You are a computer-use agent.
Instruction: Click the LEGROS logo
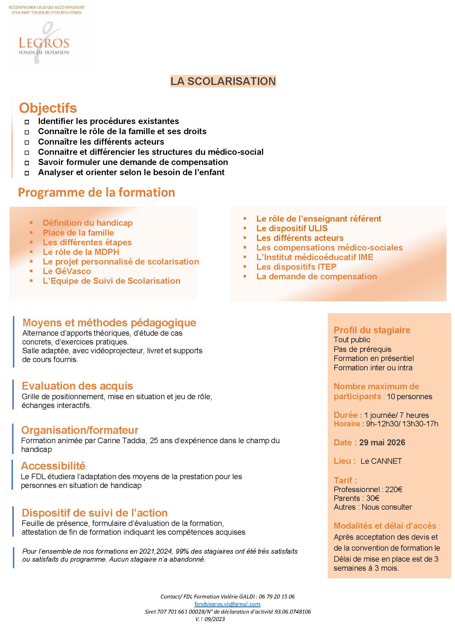point(44,43)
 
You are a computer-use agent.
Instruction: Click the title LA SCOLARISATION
point(223,81)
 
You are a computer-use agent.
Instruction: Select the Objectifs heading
point(48,108)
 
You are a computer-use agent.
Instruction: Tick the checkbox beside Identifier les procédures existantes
point(27,122)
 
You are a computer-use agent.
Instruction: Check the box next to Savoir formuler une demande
point(27,163)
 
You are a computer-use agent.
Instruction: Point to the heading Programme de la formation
point(96,192)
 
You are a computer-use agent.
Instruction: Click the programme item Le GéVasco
point(67,271)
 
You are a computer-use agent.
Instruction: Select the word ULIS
point(318,228)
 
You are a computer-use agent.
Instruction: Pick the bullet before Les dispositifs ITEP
point(245,267)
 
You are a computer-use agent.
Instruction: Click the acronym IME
point(366,257)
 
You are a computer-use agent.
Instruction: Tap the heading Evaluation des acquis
point(77,386)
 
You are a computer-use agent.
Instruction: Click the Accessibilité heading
point(53,466)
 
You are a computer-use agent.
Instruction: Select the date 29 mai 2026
point(382,442)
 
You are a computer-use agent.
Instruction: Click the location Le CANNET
point(381,461)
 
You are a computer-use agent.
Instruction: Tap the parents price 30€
point(373,498)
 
